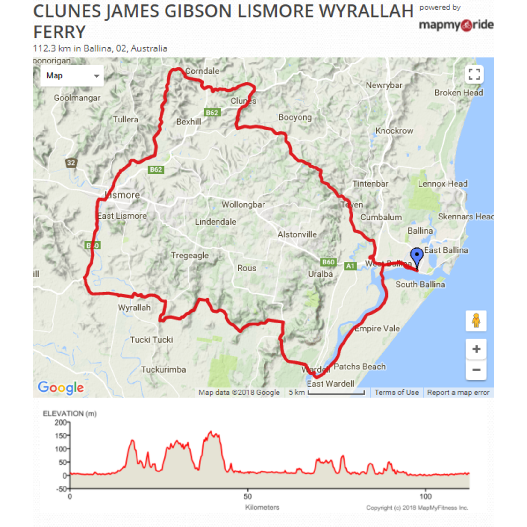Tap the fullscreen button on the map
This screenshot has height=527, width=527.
(474, 75)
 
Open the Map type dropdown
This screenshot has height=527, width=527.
(72, 76)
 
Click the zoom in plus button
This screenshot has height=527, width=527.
(476, 349)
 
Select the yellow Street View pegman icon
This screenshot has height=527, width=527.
(476, 321)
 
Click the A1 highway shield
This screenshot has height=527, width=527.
(350, 266)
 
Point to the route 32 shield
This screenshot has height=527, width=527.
(71, 163)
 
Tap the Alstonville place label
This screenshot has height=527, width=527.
(297, 234)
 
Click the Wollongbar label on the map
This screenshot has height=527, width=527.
(243, 204)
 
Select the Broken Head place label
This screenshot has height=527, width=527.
(458, 93)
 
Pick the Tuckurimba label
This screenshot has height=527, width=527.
(163, 369)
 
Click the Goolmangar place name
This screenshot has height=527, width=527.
(77, 98)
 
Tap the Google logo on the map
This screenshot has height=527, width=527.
(61, 388)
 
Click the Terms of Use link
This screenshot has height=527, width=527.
(396, 392)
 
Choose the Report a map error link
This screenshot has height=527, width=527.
(458, 392)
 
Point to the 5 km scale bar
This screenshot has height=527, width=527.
(336, 393)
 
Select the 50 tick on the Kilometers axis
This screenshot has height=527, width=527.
(248, 496)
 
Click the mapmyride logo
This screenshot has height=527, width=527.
(456, 25)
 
